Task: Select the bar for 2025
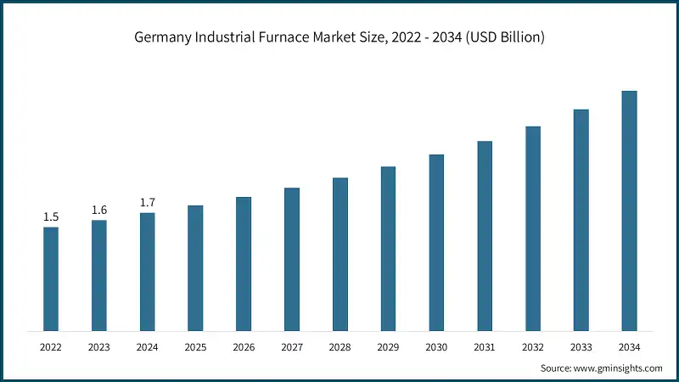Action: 195,267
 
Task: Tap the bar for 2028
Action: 340,254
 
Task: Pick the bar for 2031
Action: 485,235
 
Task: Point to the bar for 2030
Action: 436,242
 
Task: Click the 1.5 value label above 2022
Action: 51,217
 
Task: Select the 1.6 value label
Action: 99,211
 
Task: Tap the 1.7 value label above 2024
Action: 147,203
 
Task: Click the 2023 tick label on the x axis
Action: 99,346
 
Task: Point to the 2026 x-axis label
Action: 244,346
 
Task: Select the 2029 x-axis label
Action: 388,346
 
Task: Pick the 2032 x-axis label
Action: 533,346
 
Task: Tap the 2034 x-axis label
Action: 629,346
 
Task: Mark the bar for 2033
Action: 581,220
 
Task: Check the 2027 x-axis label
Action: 292,346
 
